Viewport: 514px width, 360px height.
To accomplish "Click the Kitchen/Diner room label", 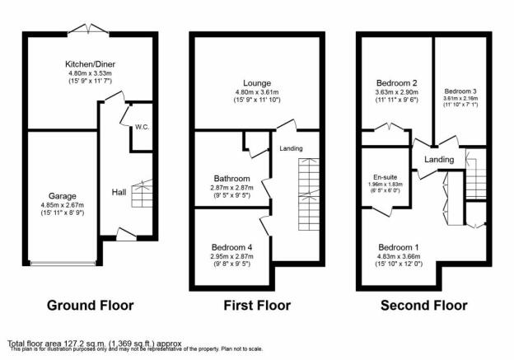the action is point(90,64).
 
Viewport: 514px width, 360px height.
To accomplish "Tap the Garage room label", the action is point(63,196).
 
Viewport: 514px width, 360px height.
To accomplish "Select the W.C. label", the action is point(142,127).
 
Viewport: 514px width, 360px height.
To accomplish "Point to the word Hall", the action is point(119,192).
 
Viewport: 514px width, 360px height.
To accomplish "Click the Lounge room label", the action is point(257,83).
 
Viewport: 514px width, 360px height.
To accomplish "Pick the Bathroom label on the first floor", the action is point(231,179).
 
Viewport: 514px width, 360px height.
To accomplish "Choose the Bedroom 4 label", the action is point(231,247).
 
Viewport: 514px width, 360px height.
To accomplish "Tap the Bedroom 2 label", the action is point(397,83).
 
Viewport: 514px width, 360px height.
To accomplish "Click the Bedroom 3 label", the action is point(460,91).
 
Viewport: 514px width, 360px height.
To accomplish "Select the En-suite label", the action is point(385,177).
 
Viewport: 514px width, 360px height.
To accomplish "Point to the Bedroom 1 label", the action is point(399,247).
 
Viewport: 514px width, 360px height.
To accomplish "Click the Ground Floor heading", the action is point(90,306).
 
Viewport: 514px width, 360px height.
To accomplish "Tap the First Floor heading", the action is point(257,306).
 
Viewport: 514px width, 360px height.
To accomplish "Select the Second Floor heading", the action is point(424,306).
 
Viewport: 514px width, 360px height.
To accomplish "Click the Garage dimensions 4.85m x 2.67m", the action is point(63,205).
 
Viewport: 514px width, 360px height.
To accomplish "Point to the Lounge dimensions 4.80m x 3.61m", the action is point(257,92).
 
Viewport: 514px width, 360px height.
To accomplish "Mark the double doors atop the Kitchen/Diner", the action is point(88,29).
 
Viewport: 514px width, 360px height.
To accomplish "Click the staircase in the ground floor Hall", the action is point(142,194).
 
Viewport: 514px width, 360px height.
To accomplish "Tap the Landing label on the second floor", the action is point(439,160).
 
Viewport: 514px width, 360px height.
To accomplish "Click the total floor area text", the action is point(95,344).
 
